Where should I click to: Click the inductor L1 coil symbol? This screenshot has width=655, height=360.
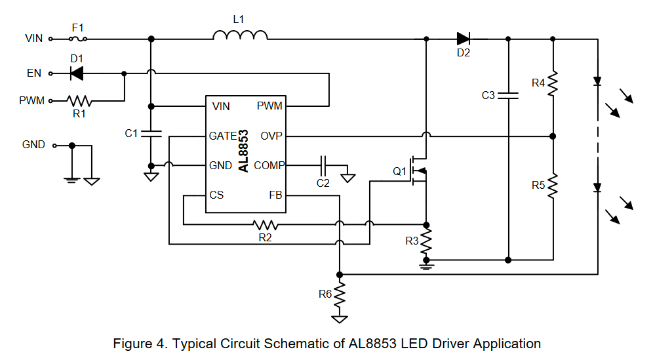pyautogui.click(x=239, y=36)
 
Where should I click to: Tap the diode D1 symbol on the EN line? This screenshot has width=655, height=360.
pyautogui.click(x=76, y=74)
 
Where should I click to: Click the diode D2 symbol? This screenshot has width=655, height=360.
pyautogui.click(x=464, y=39)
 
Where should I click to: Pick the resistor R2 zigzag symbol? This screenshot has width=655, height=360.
pyautogui.click(x=266, y=225)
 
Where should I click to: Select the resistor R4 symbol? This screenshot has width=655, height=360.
pyautogui.click(x=553, y=83)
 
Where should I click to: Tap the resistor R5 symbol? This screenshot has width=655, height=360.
pyautogui.click(x=553, y=186)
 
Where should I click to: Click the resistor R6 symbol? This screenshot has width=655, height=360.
pyautogui.click(x=340, y=294)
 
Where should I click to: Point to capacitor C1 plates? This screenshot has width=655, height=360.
pyautogui.click(x=151, y=134)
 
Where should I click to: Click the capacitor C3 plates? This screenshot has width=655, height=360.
pyautogui.click(x=508, y=96)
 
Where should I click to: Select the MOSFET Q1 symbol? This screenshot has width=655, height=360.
pyautogui.click(x=418, y=172)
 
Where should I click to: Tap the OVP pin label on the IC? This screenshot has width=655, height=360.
pyautogui.click(x=271, y=136)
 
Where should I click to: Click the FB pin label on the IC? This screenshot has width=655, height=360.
pyautogui.click(x=275, y=195)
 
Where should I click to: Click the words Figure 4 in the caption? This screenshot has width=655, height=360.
pyautogui.click(x=138, y=344)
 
